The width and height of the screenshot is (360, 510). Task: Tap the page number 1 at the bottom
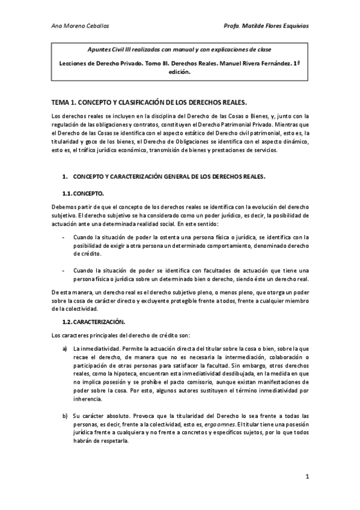pyautogui.click(x=307, y=477)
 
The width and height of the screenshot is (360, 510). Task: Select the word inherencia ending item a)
pyautogui.click(x=88, y=399)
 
